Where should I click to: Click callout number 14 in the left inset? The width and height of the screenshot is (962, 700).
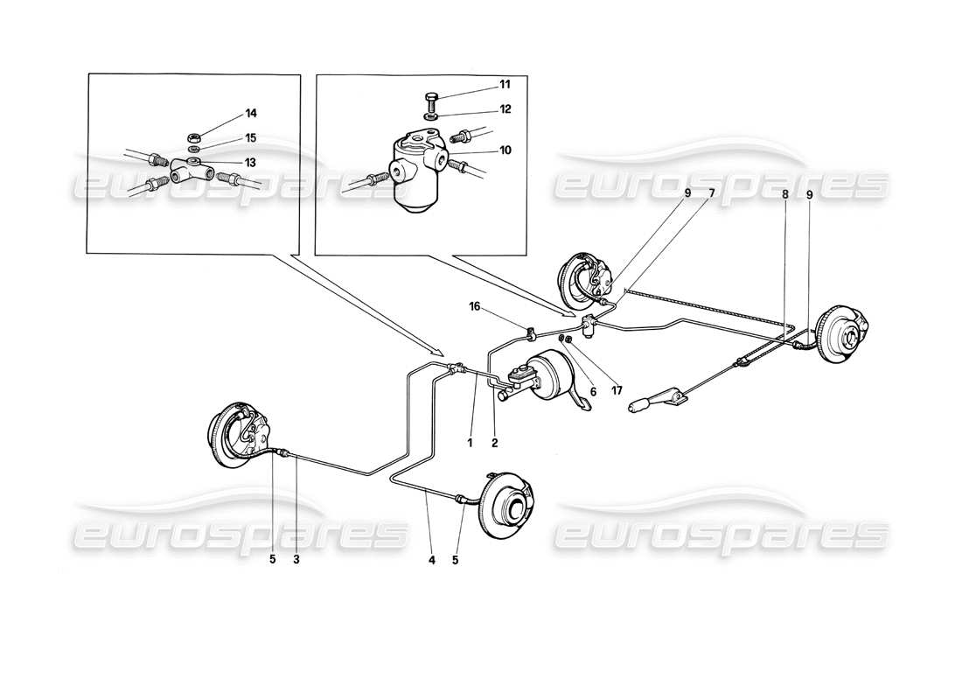pyautogui.click(x=227, y=114)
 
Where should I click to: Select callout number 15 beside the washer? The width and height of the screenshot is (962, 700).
pyautogui.click(x=227, y=138)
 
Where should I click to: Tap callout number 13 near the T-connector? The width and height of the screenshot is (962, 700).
pyautogui.click(x=227, y=163)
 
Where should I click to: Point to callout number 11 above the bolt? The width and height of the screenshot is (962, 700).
pyautogui.click(x=504, y=85)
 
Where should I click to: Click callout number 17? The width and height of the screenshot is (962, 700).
pyautogui.click(x=617, y=390)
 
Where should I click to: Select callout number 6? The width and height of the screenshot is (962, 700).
pyautogui.click(x=592, y=392)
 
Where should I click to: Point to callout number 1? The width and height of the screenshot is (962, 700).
pyautogui.click(x=470, y=443)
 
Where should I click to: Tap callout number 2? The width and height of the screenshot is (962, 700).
pyautogui.click(x=494, y=443)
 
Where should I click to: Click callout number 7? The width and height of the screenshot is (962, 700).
pyautogui.click(x=712, y=192)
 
